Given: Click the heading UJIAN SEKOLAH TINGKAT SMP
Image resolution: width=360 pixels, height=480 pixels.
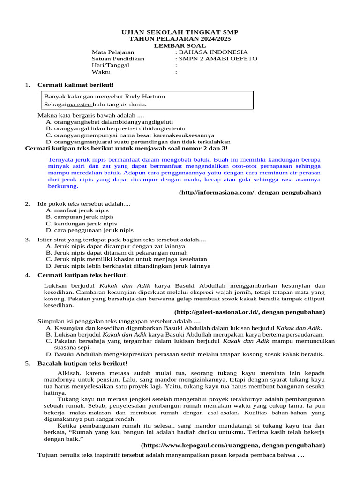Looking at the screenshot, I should (x=180, y=32).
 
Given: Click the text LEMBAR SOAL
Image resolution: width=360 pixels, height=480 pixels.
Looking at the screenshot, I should (x=180, y=45).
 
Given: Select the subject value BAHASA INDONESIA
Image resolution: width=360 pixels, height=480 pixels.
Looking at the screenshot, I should (x=213, y=52).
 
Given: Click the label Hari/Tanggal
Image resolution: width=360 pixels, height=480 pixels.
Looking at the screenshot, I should (x=110, y=65).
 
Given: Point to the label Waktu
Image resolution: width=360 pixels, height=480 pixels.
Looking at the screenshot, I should (x=101, y=72).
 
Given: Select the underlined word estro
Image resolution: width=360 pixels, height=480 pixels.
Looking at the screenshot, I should (x=82, y=104).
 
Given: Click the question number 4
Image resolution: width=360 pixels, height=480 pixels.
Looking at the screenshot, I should (x=27, y=275).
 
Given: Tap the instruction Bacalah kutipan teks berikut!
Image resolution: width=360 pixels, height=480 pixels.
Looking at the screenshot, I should (x=82, y=363).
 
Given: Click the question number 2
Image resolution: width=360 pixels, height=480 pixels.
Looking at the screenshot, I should (x=27, y=204).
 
